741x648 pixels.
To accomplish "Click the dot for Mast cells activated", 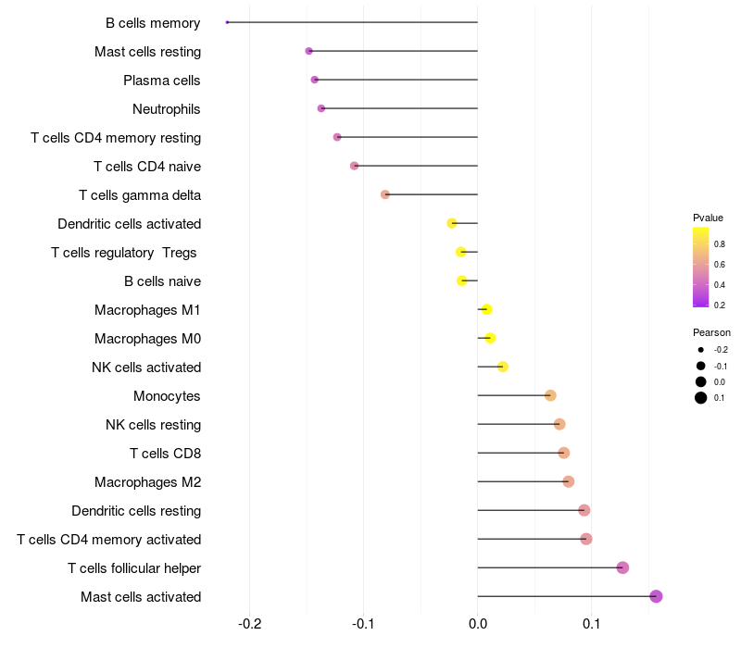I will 656,596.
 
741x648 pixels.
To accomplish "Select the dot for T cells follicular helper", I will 622,567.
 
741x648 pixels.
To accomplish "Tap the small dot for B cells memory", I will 227,22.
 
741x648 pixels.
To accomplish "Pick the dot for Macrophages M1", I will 486,309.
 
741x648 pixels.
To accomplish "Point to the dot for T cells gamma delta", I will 385,194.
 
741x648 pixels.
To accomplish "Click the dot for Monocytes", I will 550,395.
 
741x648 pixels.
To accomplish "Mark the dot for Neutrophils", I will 321,108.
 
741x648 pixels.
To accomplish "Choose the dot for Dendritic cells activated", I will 452,223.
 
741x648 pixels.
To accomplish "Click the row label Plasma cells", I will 162,81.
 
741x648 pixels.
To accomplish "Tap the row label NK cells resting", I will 153,425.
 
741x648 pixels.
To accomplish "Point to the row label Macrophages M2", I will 147,482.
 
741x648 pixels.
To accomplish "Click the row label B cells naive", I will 162,281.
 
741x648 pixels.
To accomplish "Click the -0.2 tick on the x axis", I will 250,624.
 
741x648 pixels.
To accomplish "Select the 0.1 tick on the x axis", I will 591,624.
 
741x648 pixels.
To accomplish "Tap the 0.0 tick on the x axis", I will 477,624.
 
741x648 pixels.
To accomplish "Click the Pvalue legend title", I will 708,218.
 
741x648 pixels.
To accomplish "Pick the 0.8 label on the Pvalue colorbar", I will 720,243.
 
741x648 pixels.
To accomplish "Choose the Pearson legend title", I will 711,332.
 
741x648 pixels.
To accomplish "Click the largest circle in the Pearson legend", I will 701,398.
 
